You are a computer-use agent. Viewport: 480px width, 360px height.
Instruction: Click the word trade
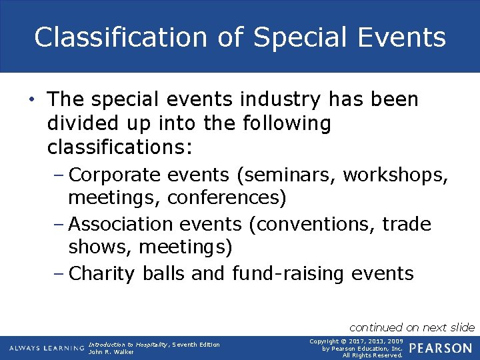coord(407,224)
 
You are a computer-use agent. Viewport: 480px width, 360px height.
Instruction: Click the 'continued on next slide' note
coord(412,327)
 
